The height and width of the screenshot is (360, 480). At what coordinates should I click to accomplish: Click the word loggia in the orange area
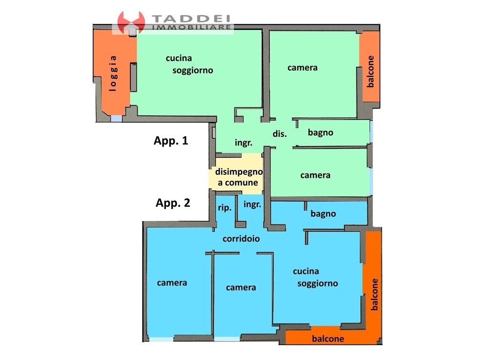pyautogui.click(x=113, y=74)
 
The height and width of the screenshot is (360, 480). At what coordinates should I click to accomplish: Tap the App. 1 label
pyautogui.click(x=171, y=141)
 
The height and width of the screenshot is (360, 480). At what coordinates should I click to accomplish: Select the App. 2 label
pyautogui.click(x=173, y=203)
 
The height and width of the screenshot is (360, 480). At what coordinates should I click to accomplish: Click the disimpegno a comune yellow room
pyautogui.click(x=236, y=173)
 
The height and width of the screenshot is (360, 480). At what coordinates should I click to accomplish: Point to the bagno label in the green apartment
pyautogui.click(x=321, y=133)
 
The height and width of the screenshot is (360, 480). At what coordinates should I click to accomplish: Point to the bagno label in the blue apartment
pyautogui.click(x=323, y=214)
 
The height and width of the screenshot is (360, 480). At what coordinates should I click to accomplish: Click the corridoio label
pyautogui.click(x=241, y=239)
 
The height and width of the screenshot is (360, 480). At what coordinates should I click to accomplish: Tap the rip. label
pyautogui.click(x=225, y=208)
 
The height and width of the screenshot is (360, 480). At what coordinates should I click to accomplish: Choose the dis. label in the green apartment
pyautogui.click(x=280, y=134)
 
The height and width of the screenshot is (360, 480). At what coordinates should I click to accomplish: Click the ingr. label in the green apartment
pyautogui.click(x=244, y=142)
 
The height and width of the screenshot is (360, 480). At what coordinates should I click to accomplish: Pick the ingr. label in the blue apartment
pyautogui.click(x=252, y=204)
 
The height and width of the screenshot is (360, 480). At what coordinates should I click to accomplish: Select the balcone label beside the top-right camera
pyautogui.click(x=370, y=71)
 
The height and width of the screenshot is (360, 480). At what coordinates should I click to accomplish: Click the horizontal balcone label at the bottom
pyautogui.click(x=328, y=338)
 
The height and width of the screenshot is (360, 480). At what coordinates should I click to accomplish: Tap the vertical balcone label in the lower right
pyautogui.click(x=374, y=294)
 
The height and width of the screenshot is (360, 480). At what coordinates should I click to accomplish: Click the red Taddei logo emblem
pyautogui.click(x=131, y=22)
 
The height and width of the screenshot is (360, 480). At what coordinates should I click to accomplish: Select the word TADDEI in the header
pyautogui.click(x=191, y=19)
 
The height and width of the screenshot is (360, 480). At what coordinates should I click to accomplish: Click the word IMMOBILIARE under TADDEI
pyautogui.click(x=192, y=27)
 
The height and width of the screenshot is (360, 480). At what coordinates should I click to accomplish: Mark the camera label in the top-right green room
pyautogui.click(x=302, y=67)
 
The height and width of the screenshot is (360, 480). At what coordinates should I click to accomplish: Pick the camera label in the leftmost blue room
pyautogui.click(x=172, y=283)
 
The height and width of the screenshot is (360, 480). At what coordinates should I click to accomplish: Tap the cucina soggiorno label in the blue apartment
pyautogui.click(x=315, y=277)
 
